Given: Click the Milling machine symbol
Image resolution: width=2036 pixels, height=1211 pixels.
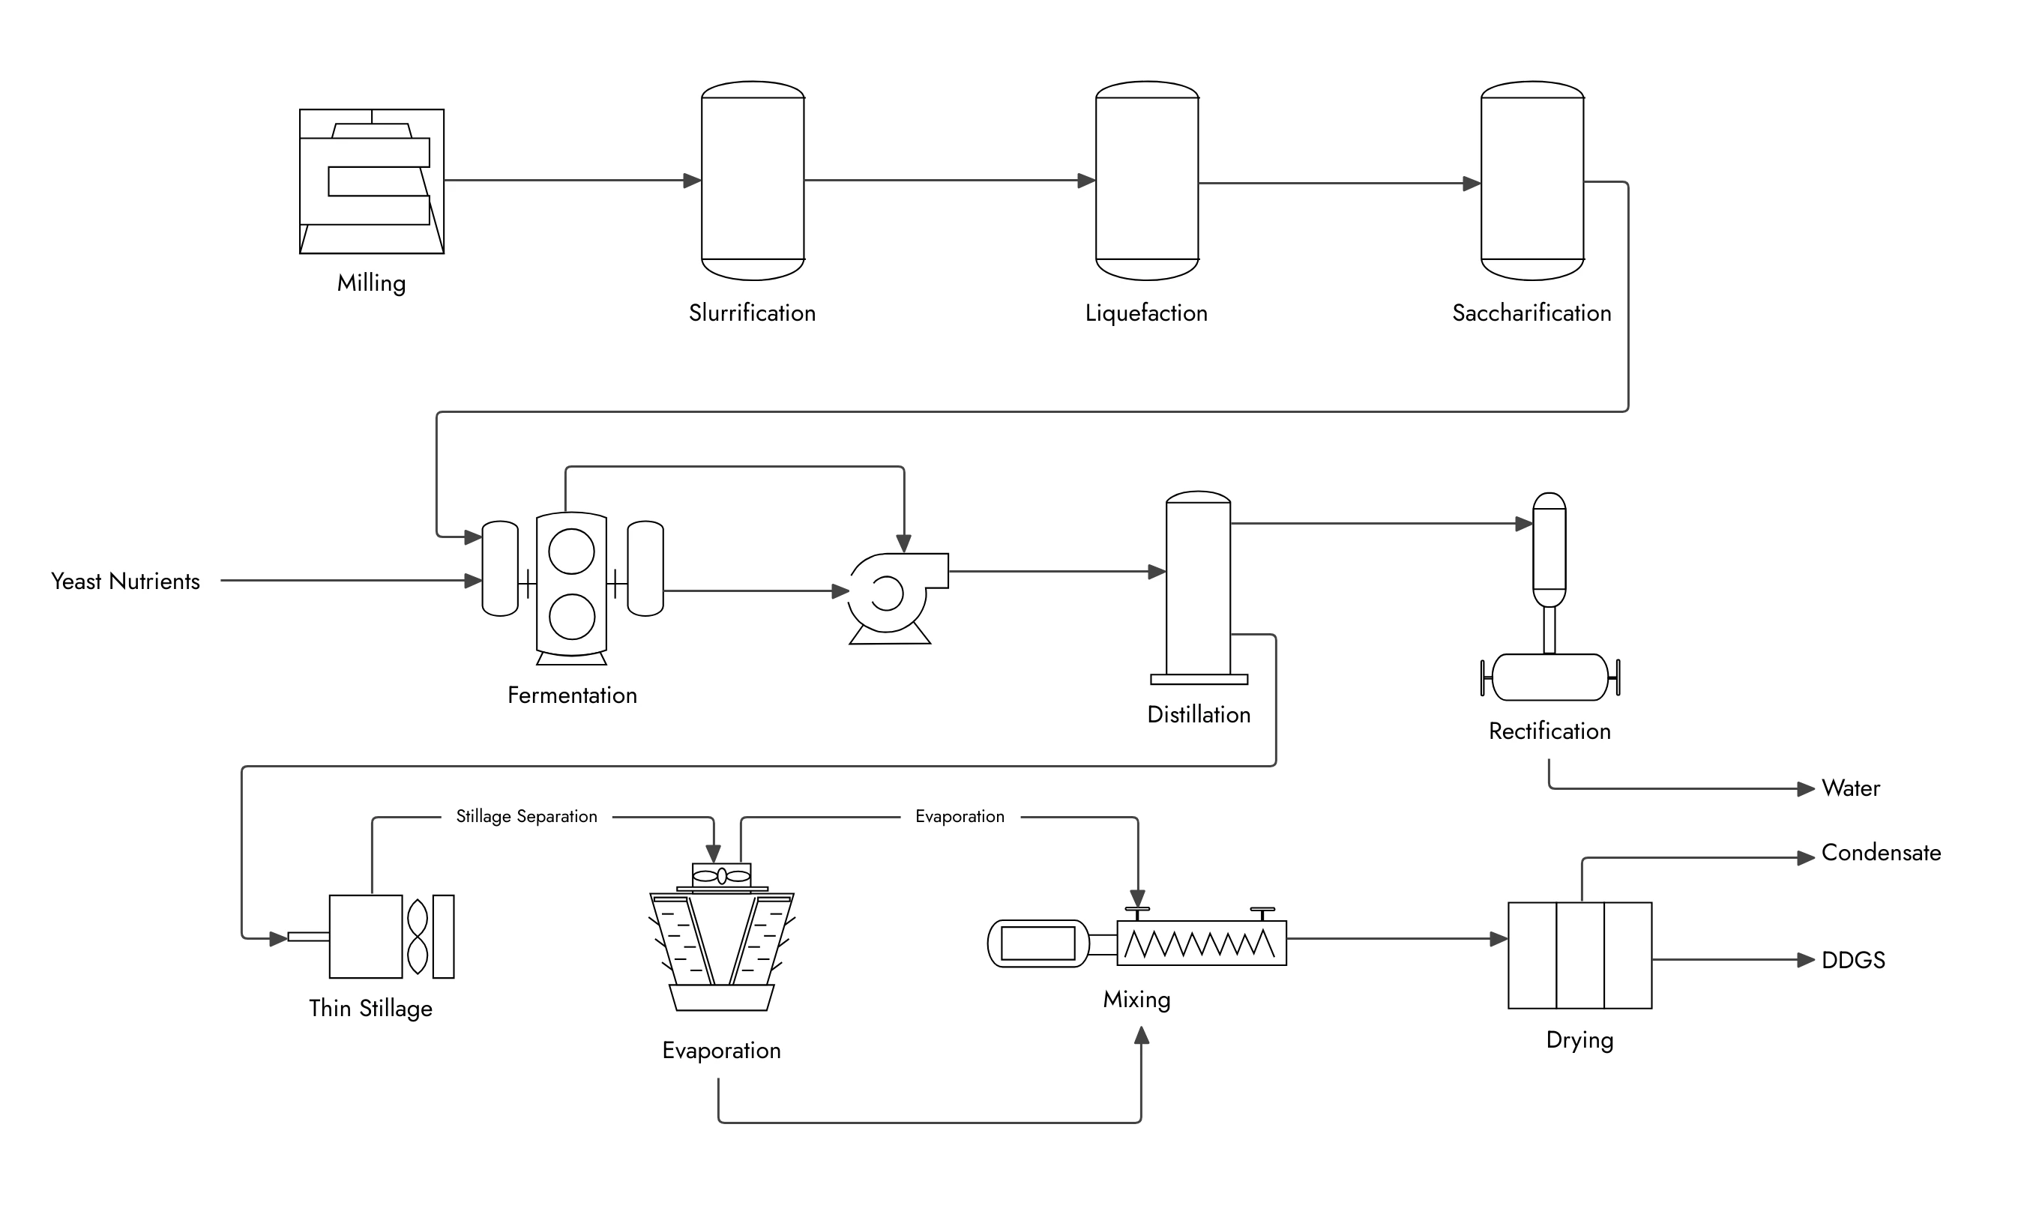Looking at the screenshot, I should pos(372,181).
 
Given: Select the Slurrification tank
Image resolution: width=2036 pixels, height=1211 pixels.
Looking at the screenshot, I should pos(753,181).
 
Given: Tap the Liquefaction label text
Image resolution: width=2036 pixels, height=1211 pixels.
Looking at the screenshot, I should pos(1145,313).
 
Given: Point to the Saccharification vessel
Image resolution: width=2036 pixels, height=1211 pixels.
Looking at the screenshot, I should pos(1531,181).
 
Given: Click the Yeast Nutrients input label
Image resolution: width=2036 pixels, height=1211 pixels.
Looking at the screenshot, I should pos(125,581).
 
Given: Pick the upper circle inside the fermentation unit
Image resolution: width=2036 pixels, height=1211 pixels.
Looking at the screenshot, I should pos(571,551).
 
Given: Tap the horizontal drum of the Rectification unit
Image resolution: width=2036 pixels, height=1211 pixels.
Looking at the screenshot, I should pos(1549,677).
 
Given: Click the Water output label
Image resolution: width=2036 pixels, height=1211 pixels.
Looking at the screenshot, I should pos(1850,788).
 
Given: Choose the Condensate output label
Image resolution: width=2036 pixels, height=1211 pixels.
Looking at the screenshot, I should pos(1881,853).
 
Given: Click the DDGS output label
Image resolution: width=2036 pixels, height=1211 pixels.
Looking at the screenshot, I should pos(1853,961).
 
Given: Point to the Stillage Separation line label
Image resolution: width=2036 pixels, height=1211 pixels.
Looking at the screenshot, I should pos(525,816).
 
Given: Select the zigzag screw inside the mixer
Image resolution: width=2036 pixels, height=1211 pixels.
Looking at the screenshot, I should pos(1199,943).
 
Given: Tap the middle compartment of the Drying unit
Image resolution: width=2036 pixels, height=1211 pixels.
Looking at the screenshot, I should pos(1579,955).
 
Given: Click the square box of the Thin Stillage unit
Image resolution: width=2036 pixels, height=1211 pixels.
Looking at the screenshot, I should pos(365,936).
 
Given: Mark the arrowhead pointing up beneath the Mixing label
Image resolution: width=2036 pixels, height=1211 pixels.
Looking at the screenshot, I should pos(1141,1036).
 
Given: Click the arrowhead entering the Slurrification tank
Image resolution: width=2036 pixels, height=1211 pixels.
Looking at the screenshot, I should pos(691,181).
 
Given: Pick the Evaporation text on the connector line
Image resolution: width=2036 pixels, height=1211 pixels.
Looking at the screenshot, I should pos(960,816).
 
